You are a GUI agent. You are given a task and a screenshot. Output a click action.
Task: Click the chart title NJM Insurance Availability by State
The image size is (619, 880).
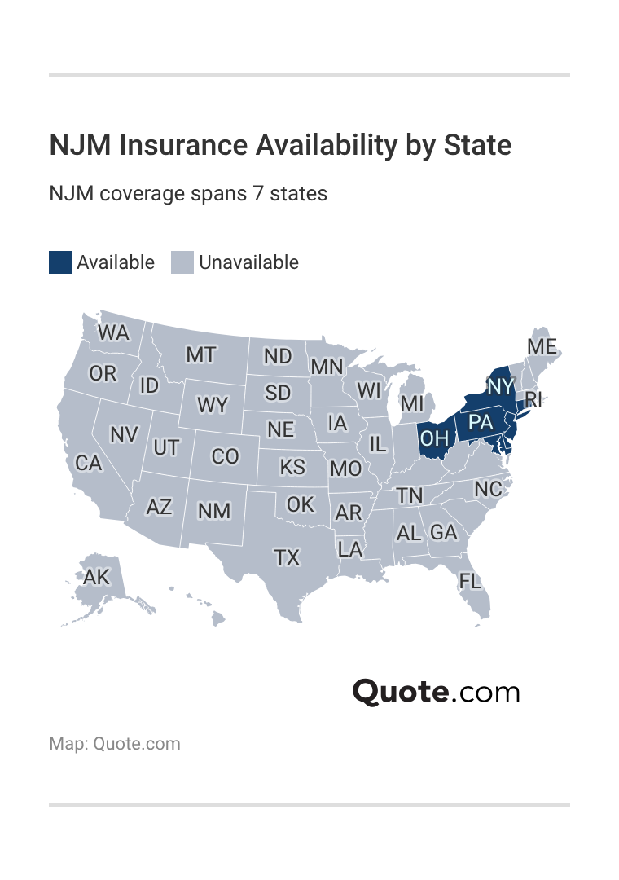coord(280,145)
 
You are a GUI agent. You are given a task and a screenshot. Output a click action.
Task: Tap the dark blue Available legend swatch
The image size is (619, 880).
coord(60,262)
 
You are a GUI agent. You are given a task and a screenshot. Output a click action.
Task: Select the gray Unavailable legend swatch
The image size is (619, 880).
coord(182,262)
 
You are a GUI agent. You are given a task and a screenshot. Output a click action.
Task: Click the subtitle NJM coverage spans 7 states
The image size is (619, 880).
coord(188,194)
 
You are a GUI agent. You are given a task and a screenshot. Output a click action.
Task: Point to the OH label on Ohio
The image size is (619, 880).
coord(434,438)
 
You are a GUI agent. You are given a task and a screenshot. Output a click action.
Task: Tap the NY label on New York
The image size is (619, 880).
coord(501,385)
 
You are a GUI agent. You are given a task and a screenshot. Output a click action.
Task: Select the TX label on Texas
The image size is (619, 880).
coord(287,557)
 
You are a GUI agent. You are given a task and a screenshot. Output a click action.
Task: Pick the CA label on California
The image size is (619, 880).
coord(89,463)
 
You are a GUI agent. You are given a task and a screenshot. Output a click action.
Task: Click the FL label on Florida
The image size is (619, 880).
coord(470,581)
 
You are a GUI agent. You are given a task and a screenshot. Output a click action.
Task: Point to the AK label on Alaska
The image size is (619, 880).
coord(96,577)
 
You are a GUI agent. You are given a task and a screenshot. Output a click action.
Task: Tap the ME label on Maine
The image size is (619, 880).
coord(542,346)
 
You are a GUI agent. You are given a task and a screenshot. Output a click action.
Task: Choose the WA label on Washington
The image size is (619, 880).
coord(113,333)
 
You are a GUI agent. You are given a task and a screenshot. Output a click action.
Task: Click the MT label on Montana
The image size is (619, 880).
coord(200,354)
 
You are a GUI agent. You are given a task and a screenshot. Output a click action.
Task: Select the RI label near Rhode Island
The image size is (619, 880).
coord(533,399)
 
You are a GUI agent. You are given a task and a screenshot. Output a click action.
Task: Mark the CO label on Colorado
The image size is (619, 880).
coord(225,456)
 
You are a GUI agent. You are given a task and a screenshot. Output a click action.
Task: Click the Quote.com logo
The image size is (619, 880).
coord(436,692)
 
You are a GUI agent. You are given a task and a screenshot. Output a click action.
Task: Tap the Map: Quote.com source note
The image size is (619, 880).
coord(115,744)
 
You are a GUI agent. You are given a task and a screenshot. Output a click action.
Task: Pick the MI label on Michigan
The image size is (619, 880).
coord(412,403)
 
